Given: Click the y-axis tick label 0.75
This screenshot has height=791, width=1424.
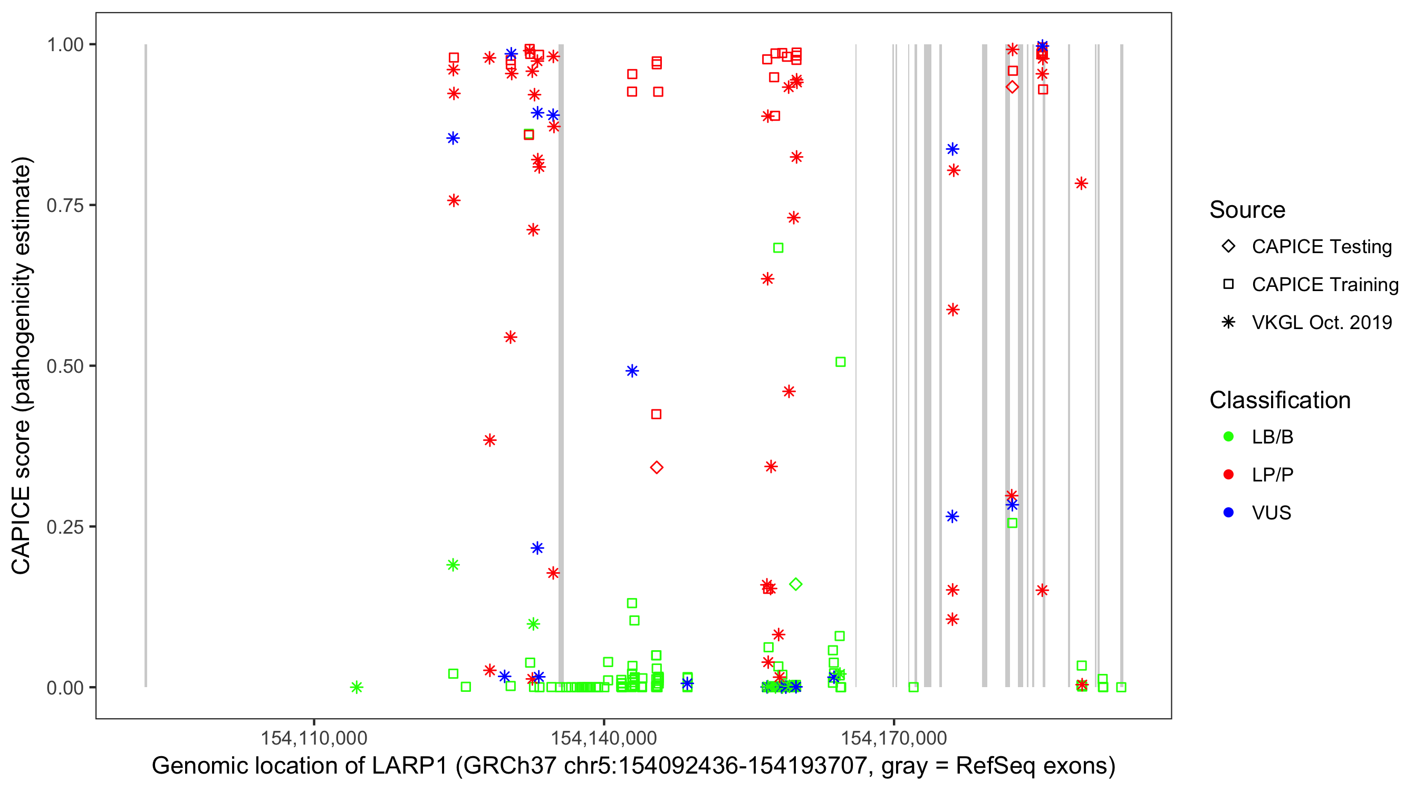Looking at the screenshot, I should (x=64, y=206).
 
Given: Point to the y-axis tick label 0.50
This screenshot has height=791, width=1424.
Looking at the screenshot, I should (x=64, y=366).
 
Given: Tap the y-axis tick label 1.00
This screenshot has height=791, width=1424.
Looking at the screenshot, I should (x=64, y=45).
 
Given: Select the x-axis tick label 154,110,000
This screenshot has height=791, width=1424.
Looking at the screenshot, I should (x=313, y=738).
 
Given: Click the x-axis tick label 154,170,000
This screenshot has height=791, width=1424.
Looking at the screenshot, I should (x=894, y=738).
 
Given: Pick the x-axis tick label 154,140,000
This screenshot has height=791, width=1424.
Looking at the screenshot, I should (x=604, y=738).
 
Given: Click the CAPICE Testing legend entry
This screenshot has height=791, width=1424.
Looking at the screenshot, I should (x=1321, y=247).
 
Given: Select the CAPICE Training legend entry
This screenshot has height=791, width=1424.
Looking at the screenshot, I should (x=1324, y=285).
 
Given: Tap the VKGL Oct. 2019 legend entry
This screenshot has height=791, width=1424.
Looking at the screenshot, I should (x=1321, y=323).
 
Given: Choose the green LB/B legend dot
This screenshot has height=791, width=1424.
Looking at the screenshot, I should (x=1228, y=437).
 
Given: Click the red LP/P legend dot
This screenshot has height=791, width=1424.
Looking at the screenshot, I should (x=1228, y=475).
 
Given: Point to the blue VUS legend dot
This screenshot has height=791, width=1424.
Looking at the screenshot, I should (x=1228, y=513).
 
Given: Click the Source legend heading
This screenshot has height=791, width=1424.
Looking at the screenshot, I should (x=1247, y=210).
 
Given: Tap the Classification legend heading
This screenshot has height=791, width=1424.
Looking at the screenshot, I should (x=1279, y=400).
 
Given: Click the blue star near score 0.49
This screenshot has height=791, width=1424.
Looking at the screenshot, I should (x=632, y=371).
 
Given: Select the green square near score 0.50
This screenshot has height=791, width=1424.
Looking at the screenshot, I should (x=840, y=362).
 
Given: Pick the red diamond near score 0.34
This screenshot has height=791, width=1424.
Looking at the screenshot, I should (x=656, y=468).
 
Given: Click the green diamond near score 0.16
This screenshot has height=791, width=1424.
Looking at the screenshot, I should (x=795, y=584).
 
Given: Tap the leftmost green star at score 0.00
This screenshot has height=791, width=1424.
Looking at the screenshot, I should (x=357, y=687).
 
